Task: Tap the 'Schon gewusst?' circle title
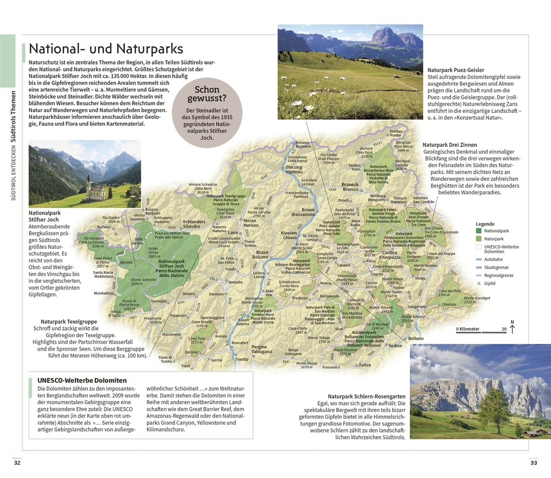pos(207,94)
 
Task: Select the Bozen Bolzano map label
pos(262,254)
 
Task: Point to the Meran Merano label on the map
pos(250,223)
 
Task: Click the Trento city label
pos(241,359)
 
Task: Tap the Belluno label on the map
pos(415,339)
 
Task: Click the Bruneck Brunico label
pos(350,187)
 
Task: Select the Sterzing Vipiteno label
pos(294,170)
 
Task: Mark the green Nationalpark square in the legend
pos(478,231)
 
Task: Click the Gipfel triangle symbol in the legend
pos(478,283)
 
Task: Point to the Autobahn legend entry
pos(493,260)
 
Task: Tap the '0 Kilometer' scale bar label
pos(467,329)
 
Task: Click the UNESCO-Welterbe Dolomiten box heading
pos(82,380)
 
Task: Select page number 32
pos(17,462)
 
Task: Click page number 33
pos(534,462)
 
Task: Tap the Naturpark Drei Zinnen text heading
pos(449,145)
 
